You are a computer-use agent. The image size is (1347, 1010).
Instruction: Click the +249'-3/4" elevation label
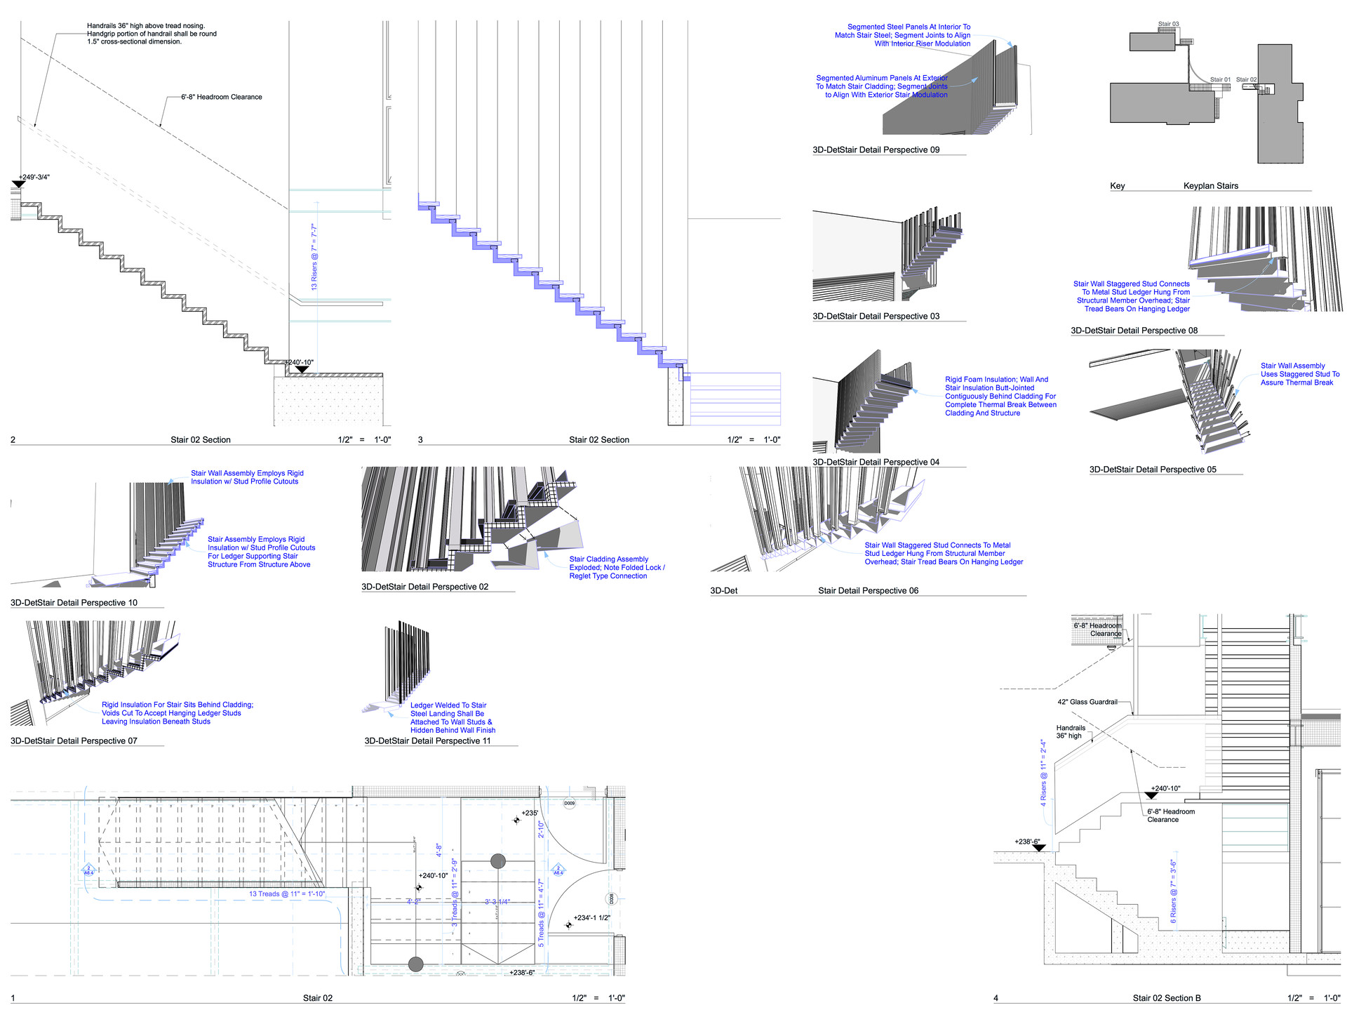coord(34,177)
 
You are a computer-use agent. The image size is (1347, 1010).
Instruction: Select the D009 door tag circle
coord(569,803)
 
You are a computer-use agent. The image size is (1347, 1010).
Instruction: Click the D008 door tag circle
coord(611,898)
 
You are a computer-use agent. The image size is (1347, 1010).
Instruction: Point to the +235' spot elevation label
coord(530,813)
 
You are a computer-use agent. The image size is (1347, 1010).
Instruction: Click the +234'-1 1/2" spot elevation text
coord(592,917)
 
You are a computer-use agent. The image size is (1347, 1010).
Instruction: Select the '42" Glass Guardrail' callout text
coord(1087,702)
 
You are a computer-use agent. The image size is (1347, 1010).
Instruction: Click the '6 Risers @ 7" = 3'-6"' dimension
coord(1173,891)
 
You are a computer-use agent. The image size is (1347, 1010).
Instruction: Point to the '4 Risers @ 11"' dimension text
coord(1043,773)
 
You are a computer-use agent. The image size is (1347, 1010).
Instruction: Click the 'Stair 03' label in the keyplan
coord(1168,24)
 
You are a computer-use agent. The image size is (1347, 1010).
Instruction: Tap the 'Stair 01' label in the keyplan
coord(1220,79)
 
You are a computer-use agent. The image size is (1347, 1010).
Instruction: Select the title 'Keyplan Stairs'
coord(1210,186)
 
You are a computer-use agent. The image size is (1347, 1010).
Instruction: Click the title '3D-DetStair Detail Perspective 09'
coord(876,149)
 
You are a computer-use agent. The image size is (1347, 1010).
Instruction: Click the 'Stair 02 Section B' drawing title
coord(1166,998)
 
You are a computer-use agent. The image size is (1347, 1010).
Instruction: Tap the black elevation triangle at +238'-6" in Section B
coord(1039,848)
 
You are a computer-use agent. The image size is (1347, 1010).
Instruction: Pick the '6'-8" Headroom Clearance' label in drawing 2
coord(221,97)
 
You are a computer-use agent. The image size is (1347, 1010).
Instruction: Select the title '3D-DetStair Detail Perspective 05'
coord(1153,470)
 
